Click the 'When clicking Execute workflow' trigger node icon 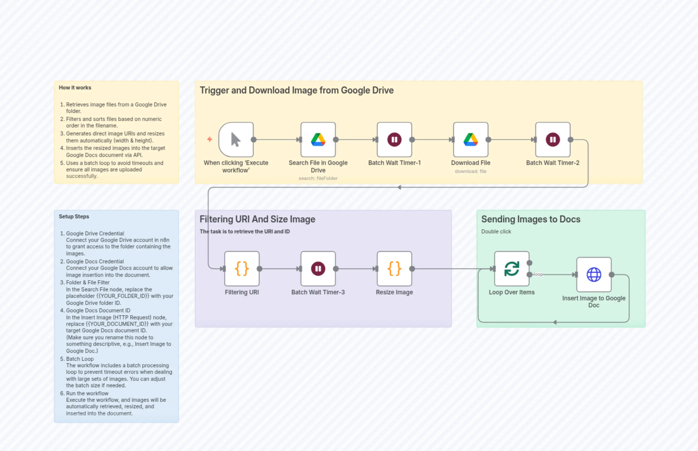pyautogui.click(x=236, y=140)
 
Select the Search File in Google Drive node pyautogui.click(x=318, y=140)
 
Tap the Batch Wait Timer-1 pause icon pyautogui.click(x=394, y=140)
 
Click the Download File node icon pyautogui.click(x=470, y=140)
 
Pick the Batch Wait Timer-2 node pyautogui.click(x=553, y=140)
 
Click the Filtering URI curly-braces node pyautogui.click(x=242, y=269)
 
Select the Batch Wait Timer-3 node pyautogui.click(x=318, y=269)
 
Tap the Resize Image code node pyautogui.click(x=394, y=269)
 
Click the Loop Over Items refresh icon pyautogui.click(x=511, y=269)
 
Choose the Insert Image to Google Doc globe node pyautogui.click(x=594, y=274)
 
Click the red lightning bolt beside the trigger pyautogui.click(x=210, y=139)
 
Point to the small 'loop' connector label pyautogui.click(x=538, y=274)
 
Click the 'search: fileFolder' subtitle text pyautogui.click(x=318, y=178)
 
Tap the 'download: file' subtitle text pyautogui.click(x=470, y=171)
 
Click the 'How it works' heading pyautogui.click(x=75, y=87)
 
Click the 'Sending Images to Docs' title pyautogui.click(x=531, y=219)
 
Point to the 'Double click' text pyautogui.click(x=496, y=231)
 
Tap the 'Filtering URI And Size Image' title pyautogui.click(x=257, y=219)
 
